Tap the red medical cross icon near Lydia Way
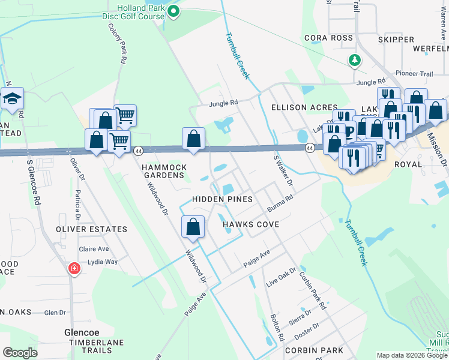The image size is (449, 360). point(74,268)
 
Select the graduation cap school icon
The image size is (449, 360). point(11,99)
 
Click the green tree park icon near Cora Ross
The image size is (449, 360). point(355,60)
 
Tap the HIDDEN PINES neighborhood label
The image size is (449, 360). point(221,199)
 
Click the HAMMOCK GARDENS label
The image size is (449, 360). point(164,171)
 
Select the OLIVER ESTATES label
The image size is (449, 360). point(91,229)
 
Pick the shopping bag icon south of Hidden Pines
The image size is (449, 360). point(193,227)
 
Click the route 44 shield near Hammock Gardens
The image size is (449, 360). point(138,150)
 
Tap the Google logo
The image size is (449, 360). point(20,353)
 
